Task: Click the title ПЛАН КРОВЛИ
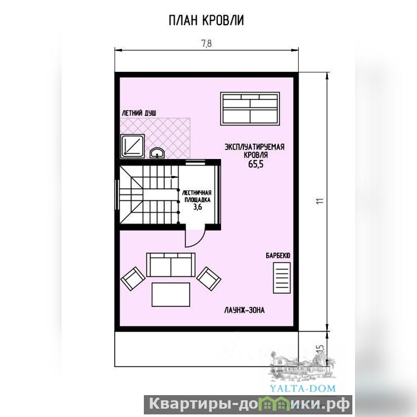pyautogui.click(x=206, y=20)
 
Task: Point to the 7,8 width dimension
pyautogui.click(x=206, y=44)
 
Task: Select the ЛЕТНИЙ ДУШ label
pyautogui.click(x=139, y=113)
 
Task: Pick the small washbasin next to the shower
pyautogui.click(x=157, y=153)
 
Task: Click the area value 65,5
pyautogui.click(x=256, y=164)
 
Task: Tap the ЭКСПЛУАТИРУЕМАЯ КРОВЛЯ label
pyautogui.click(x=255, y=151)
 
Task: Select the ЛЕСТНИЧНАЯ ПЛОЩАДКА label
pyautogui.click(x=197, y=196)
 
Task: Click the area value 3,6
pyautogui.click(x=198, y=206)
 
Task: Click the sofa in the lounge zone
pyautogui.click(x=171, y=265)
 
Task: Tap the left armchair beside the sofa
pyautogui.click(x=133, y=279)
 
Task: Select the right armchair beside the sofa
pyautogui.click(x=209, y=279)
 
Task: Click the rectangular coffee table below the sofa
pyautogui.click(x=171, y=295)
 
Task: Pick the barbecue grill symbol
pyautogui.click(x=282, y=278)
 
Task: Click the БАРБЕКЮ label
pyautogui.click(x=278, y=256)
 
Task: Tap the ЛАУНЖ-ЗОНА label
pyautogui.click(x=244, y=310)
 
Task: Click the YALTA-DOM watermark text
pyautogui.click(x=303, y=388)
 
